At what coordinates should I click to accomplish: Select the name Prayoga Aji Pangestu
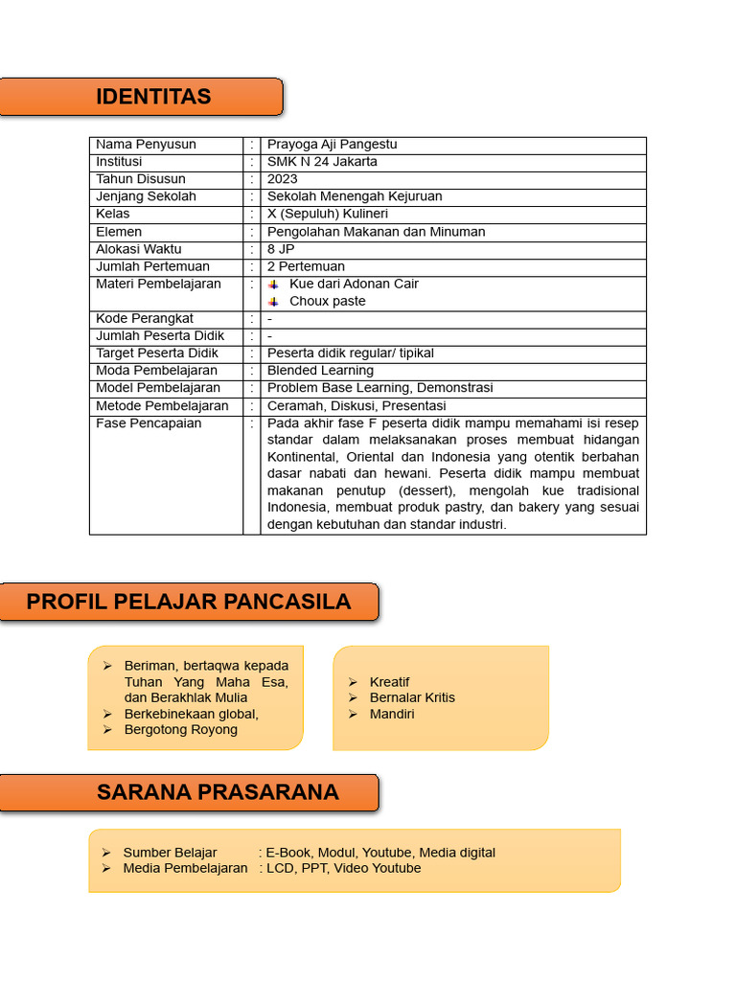coord(332,145)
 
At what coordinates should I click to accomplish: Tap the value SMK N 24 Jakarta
coord(322,162)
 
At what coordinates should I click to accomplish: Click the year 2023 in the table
coord(283,179)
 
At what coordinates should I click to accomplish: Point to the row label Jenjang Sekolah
coord(146,196)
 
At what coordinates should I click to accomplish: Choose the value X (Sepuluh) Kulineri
coord(327,214)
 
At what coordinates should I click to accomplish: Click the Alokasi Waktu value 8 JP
coord(281,249)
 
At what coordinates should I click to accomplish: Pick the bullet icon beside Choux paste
coord(273,302)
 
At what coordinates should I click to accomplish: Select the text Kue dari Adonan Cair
coord(354,284)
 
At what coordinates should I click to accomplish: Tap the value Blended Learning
coord(320,371)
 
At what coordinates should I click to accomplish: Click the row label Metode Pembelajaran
coord(162,406)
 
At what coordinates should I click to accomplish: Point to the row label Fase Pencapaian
coord(149,423)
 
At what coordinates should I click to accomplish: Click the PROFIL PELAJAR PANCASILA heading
coord(189,602)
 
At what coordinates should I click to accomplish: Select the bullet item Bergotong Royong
coord(181,730)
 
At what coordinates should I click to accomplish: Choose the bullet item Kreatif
coord(389,682)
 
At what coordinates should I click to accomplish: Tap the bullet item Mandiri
coord(392,715)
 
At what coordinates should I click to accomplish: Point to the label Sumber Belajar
coord(170,853)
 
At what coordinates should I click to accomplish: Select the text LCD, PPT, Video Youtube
coord(343,869)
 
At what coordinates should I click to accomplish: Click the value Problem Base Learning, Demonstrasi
coord(379,388)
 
